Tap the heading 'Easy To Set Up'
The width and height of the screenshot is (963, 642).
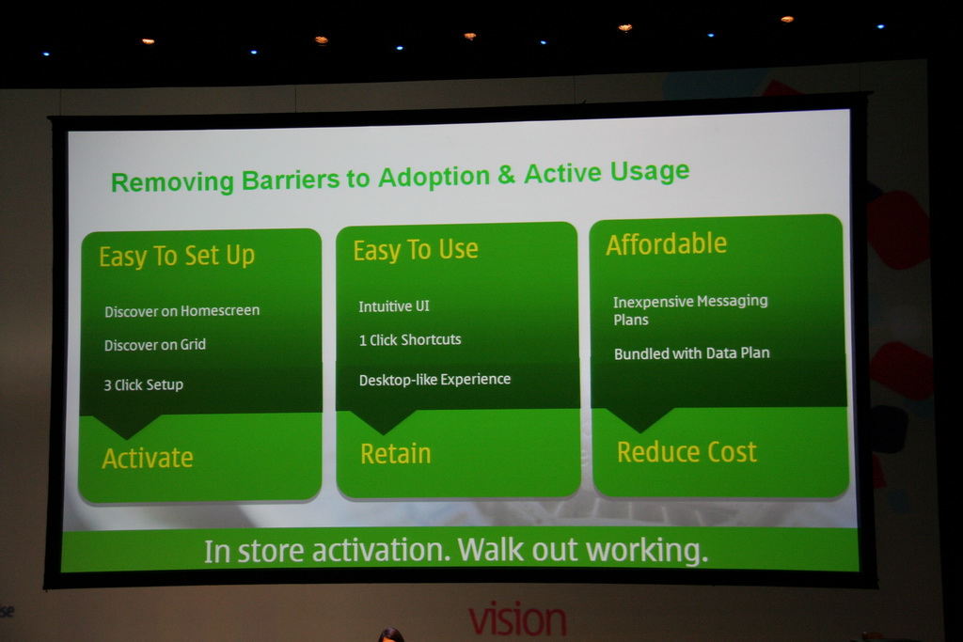(x=177, y=256)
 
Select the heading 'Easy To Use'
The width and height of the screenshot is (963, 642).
(x=415, y=250)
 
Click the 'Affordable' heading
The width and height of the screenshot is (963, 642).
(x=667, y=243)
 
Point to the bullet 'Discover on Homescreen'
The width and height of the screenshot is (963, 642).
(x=182, y=311)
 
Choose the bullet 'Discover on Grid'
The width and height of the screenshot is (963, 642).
(x=155, y=345)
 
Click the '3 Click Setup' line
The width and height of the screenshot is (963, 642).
(x=143, y=384)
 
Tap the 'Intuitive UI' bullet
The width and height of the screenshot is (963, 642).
(x=394, y=305)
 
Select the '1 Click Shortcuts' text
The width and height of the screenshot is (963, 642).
(x=410, y=339)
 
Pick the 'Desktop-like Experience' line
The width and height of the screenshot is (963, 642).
(x=434, y=380)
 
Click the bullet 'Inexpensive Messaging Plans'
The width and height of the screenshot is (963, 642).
(x=690, y=310)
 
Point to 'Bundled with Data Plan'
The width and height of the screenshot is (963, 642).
(x=691, y=352)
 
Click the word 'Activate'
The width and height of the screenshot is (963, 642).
(x=148, y=459)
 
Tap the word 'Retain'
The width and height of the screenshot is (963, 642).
(x=396, y=454)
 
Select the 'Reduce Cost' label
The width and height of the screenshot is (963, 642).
(x=687, y=452)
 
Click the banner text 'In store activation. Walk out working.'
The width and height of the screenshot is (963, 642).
(x=456, y=551)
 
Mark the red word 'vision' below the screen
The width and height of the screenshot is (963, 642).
(x=517, y=619)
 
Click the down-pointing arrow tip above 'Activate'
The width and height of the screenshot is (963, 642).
(x=127, y=438)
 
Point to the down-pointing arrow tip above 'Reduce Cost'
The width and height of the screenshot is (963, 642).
(x=639, y=431)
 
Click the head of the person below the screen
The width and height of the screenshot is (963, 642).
(x=390, y=635)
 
